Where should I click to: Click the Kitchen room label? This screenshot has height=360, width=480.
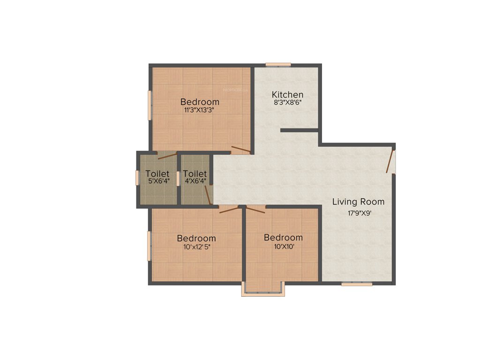(288, 95)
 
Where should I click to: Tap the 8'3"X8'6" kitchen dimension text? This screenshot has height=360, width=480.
(288, 104)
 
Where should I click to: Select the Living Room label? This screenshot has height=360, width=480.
(359, 202)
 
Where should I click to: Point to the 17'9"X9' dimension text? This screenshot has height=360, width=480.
(359, 212)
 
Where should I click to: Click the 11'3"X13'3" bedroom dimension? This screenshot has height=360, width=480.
(200, 111)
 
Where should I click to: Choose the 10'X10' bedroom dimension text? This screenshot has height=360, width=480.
(283, 247)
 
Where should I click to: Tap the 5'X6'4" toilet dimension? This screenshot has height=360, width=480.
(157, 181)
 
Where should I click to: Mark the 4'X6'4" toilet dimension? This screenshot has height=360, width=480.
(195, 181)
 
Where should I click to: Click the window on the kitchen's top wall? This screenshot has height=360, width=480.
(278, 65)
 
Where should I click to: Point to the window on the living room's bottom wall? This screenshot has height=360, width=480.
(357, 284)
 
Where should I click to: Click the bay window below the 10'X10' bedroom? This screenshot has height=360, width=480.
(263, 293)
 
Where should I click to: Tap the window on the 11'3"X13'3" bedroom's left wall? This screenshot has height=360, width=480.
(150, 105)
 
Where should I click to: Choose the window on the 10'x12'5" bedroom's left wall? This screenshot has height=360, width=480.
(150, 246)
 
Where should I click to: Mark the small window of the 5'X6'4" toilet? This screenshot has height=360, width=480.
(137, 178)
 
